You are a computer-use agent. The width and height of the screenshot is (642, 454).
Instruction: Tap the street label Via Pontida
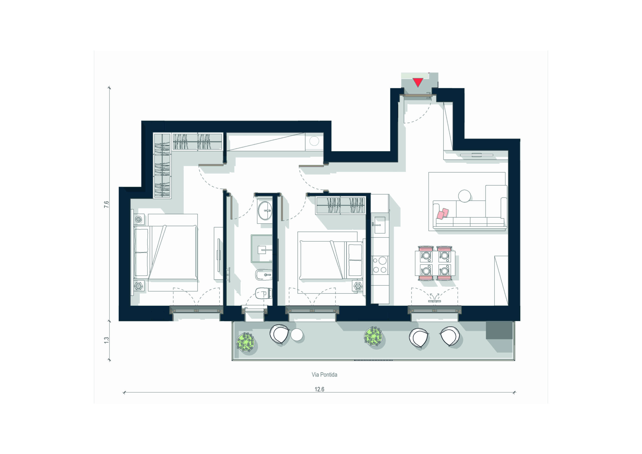click(324, 374)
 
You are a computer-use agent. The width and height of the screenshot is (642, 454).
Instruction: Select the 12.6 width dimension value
click(319, 389)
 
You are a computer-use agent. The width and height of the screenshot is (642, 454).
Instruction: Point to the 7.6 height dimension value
click(106, 204)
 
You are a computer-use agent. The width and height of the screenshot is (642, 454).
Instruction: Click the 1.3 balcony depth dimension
click(106, 340)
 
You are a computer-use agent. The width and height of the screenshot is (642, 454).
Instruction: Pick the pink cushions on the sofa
click(443, 214)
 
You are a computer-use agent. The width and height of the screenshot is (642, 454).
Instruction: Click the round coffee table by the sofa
click(464, 196)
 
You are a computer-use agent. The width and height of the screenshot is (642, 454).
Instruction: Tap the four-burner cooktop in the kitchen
click(380, 265)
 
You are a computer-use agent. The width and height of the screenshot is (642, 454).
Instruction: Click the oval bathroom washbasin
click(265, 211)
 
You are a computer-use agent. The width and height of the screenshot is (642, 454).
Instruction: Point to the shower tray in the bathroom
click(262, 248)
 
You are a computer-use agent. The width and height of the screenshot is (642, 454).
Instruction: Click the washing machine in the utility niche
click(314, 141)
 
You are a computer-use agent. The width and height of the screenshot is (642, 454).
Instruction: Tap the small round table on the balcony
click(297, 335)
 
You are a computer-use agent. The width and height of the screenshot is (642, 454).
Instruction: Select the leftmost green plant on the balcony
click(246, 342)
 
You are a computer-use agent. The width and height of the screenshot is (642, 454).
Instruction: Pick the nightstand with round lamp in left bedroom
click(139, 219)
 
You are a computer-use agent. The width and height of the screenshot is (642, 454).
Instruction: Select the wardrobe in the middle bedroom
click(340, 205)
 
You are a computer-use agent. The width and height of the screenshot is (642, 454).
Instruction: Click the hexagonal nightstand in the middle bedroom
click(358, 286)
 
